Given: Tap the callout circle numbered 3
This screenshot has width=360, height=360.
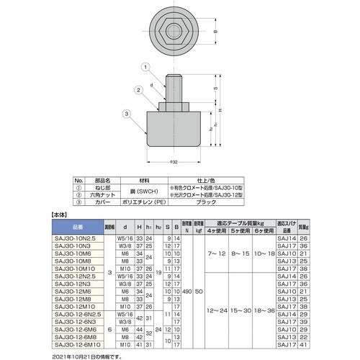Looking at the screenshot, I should [126, 113].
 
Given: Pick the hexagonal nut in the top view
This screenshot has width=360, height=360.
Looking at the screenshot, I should [175, 33].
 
